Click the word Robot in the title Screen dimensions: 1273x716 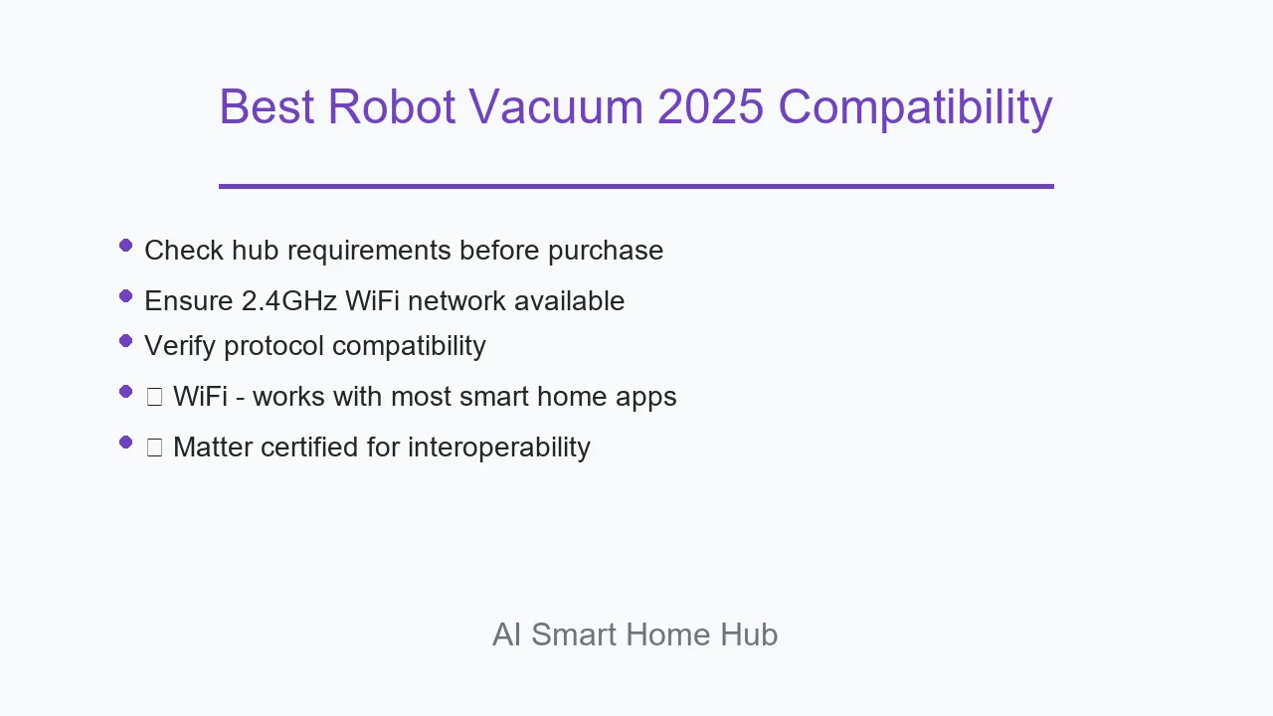tap(392, 106)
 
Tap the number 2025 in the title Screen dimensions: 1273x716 tap(710, 106)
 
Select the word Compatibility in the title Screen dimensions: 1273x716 tap(915, 109)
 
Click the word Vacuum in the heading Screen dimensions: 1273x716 tap(556, 106)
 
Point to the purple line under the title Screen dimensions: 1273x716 tap(636, 186)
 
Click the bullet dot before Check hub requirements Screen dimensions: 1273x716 tap(125, 246)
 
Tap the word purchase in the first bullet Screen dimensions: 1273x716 tap(606, 252)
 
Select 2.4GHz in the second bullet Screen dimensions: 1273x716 tap(289, 300)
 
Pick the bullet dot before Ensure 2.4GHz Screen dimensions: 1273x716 tap(125, 296)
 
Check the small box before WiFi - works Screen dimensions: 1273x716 tap(154, 397)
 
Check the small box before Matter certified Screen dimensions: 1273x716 tap(154, 447)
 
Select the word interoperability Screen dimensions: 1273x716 tap(499, 448)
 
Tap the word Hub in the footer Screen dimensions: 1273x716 tap(749, 634)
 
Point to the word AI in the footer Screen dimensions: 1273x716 tap(506, 634)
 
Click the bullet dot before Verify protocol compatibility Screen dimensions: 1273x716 tap(125, 341)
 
